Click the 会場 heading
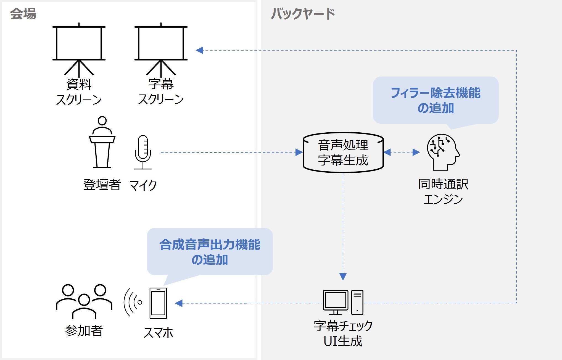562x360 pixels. [23, 14]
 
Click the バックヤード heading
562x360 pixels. [303, 14]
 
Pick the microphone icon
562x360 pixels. [143, 152]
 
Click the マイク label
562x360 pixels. [143, 185]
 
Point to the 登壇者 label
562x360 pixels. [102, 185]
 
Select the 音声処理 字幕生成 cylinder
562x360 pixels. [343, 153]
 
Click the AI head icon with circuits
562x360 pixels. [443, 152]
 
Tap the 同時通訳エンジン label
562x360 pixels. [443, 191]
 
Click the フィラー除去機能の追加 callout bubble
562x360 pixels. [436, 100]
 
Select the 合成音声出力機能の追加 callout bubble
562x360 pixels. [210, 252]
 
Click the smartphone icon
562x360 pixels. [158, 303]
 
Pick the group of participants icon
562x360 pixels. [84, 301]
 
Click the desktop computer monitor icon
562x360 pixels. [336, 302]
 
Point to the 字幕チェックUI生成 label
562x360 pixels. [343, 333]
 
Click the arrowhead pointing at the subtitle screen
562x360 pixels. [199, 50]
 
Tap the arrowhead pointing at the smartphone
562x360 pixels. [179, 303]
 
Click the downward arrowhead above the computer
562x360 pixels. [343, 277]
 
